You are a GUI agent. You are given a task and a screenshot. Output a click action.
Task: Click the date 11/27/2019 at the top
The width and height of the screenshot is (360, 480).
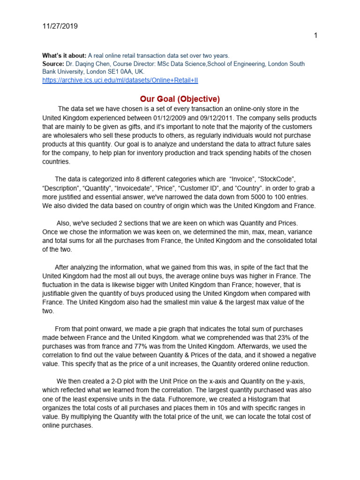60,26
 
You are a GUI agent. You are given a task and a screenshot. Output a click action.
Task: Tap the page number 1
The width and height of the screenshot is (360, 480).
316,36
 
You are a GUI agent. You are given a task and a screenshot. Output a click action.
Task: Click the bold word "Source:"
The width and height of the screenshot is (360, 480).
54,64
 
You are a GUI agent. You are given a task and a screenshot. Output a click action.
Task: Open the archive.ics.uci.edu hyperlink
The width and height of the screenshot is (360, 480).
120,80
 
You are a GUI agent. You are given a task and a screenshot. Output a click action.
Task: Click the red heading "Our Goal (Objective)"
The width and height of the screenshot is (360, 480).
180,99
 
